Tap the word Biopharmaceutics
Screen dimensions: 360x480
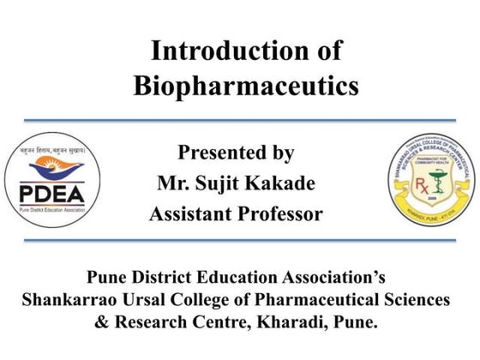[x=246, y=86]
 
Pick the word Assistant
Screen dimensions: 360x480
[x=189, y=214]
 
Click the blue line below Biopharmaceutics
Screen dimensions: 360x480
[x=240, y=120]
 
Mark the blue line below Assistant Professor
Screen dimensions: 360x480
[x=240, y=240]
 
